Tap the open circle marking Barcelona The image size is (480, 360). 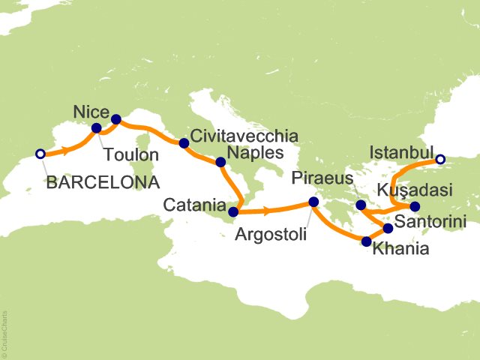pyautogui.click(x=40, y=154)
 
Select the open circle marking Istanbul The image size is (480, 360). pyautogui.click(x=440, y=159)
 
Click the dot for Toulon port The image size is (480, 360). pyautogui.click(x=97, y=128)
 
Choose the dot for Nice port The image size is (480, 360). pyautogui.click(x=115, y=118)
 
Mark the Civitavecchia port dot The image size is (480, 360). pyautogui.click(x=183, y=142)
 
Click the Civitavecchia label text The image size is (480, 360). pyautogui.click(x=244, y=136)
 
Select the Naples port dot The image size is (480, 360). pyautogui.click(x=220, y=162)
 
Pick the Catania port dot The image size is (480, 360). pyautogui.click(x=233, y=211)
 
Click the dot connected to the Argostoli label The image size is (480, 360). pyautogui.click(x=313, y=202)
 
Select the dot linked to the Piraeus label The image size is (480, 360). pyautogui.click(x=361, y=205)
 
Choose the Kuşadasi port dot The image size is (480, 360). pyautogui.click(x=415, y=206)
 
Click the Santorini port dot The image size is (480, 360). pyautogui.click(x=388, y=228)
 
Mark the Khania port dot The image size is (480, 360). pyautogui.click(x=366, y=241)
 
